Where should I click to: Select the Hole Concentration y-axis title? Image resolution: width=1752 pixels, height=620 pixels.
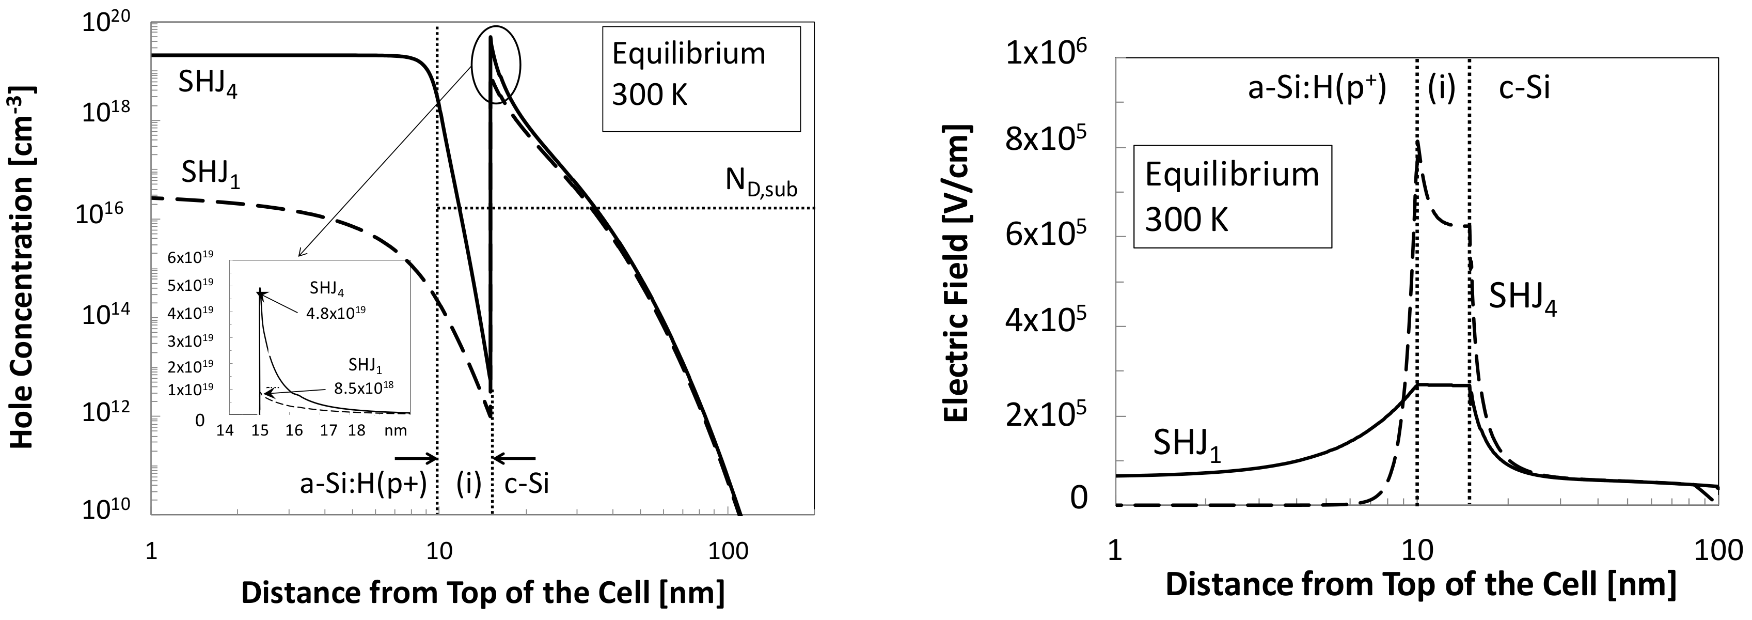coord(23,267)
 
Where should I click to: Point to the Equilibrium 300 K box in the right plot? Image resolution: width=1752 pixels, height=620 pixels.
coord(1231,196)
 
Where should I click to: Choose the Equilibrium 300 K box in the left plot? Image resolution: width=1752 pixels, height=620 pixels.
coord(701,78)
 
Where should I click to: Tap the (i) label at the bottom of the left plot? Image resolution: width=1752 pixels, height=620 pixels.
coord(468,484)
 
